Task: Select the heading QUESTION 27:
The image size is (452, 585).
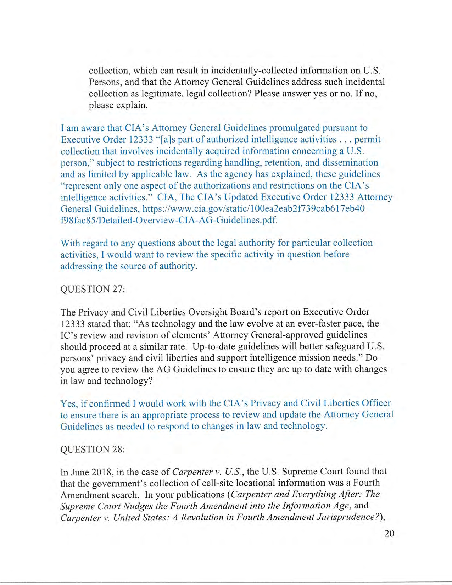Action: click(x=93, y=289)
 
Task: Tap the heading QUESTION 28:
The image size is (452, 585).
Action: click(x=93, y=449)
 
